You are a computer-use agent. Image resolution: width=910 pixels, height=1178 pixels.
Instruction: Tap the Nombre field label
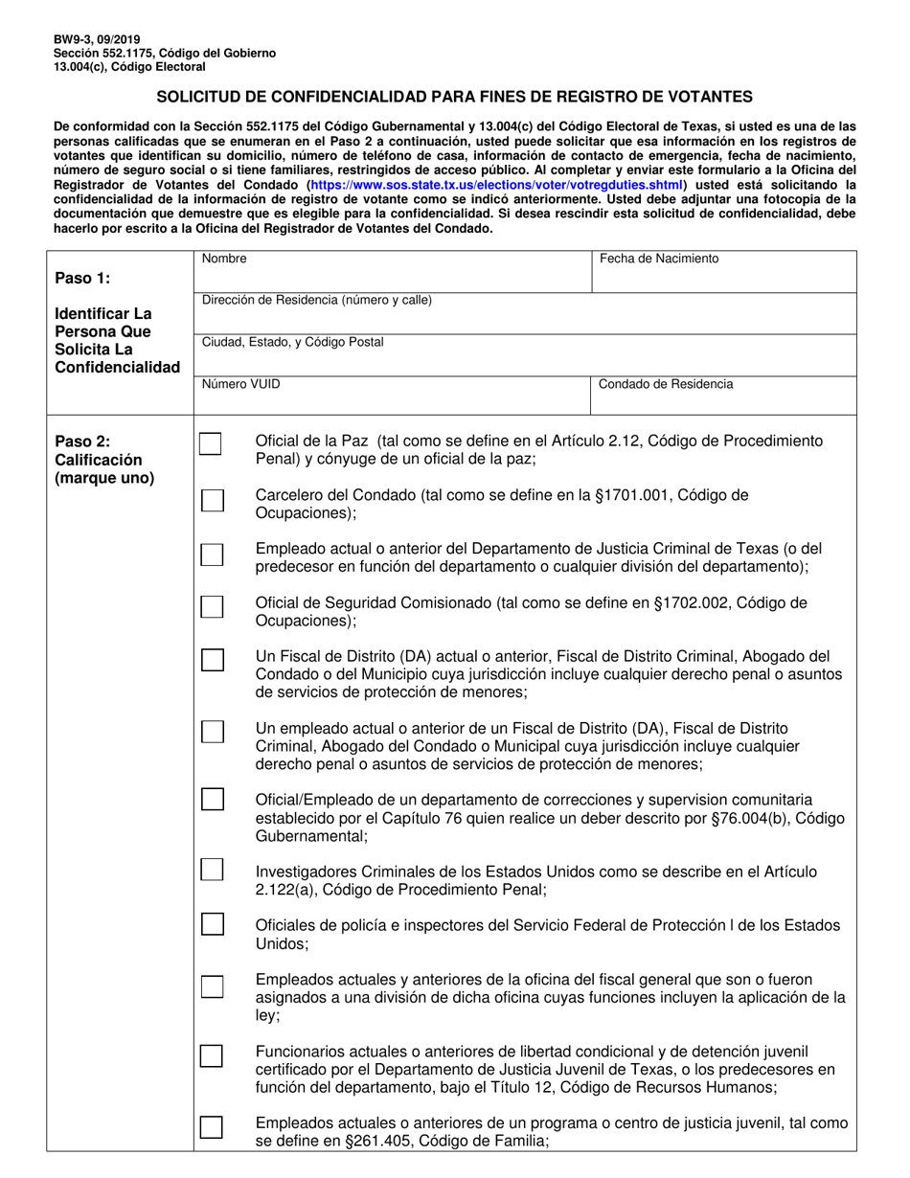[x=224, y=259]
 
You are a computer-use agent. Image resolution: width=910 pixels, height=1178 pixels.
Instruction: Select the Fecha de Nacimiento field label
[x=659, y=259]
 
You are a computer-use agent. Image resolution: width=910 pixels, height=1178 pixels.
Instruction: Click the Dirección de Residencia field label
[x=317, y=300]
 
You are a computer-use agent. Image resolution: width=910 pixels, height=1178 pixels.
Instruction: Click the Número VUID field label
[x=241, y=384]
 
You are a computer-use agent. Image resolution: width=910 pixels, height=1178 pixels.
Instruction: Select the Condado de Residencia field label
[x=667, y=384]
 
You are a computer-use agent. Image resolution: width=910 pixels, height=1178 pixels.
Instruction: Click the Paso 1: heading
[x=82, y=278]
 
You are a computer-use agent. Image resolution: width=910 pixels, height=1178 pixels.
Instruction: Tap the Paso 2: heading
[x=82, y=442]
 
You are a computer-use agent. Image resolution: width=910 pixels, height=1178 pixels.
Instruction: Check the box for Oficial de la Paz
[x=211, y=444]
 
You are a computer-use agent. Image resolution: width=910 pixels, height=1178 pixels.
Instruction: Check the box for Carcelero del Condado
[x=212, y=500]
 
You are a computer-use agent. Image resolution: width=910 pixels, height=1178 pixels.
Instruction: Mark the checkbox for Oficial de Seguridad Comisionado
[x=212, y=607]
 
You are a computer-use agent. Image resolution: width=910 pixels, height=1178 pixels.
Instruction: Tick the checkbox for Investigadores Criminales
[x=212, y=870]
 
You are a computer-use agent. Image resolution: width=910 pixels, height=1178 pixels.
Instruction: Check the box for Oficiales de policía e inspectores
[x=212, y=924]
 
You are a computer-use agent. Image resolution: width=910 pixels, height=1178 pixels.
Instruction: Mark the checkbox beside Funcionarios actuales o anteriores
[x=212, y=1055]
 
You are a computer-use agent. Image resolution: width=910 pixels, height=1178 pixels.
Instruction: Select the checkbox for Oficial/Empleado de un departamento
[x=212, y=799]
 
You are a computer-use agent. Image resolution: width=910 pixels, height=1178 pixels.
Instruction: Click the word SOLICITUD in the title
[x=197, y=97]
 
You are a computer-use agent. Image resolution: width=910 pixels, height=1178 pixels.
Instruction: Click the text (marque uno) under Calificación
[x=104, y=478]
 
